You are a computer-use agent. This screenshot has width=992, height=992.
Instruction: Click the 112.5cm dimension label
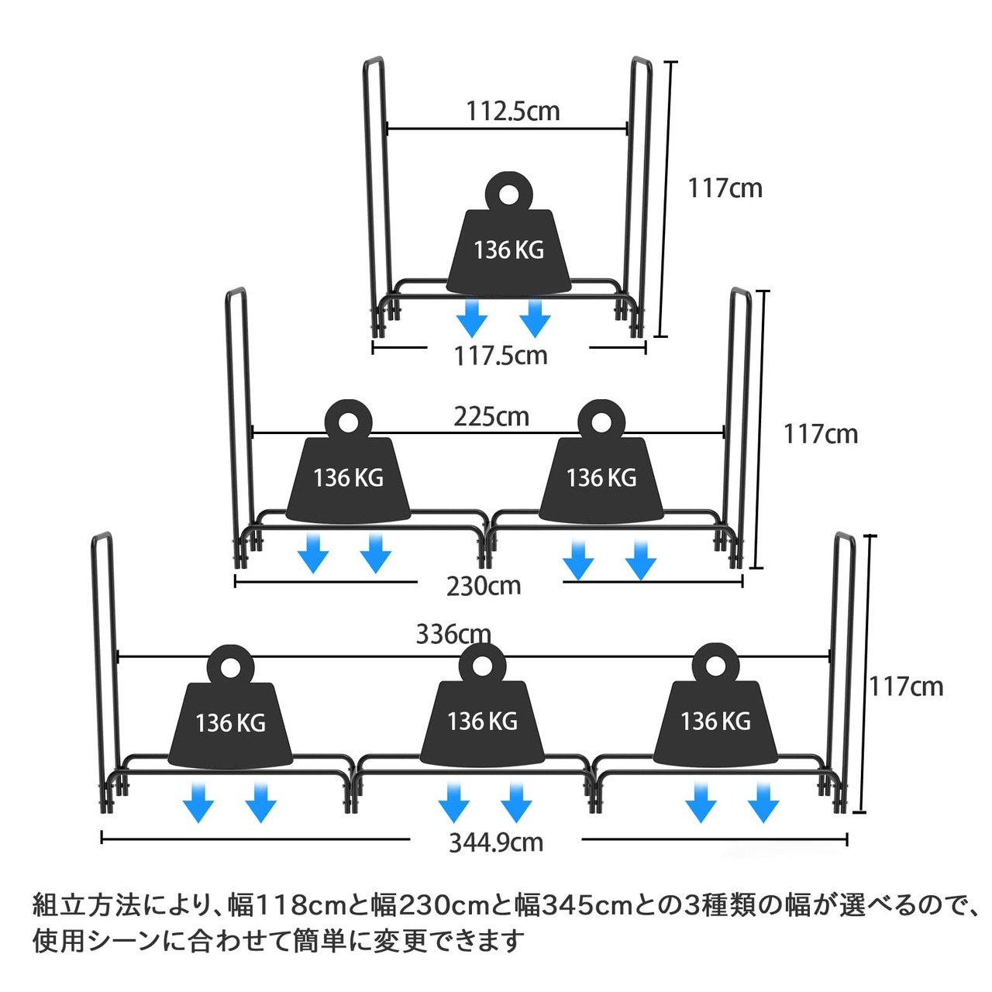(x=512, y=111)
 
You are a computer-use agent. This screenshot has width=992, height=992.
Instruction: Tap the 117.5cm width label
(x=501, y=356)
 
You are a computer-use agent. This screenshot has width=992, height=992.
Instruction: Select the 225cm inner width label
(x=491, y=416)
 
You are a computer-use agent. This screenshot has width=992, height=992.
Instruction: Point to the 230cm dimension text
(x=484, y=585)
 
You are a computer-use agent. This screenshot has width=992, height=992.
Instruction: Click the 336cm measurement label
(x=453, y=634)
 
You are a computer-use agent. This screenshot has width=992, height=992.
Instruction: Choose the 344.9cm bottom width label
(x=496, y=842)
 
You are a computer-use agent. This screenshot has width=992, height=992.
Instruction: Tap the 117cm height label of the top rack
(x=725, y=188)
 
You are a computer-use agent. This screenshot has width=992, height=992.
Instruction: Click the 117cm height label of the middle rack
(x=821, y=433)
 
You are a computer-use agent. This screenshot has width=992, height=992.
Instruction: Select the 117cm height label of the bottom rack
(x=905, y=686)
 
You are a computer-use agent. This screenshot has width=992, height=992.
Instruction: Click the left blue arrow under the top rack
(x=471, y=319)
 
